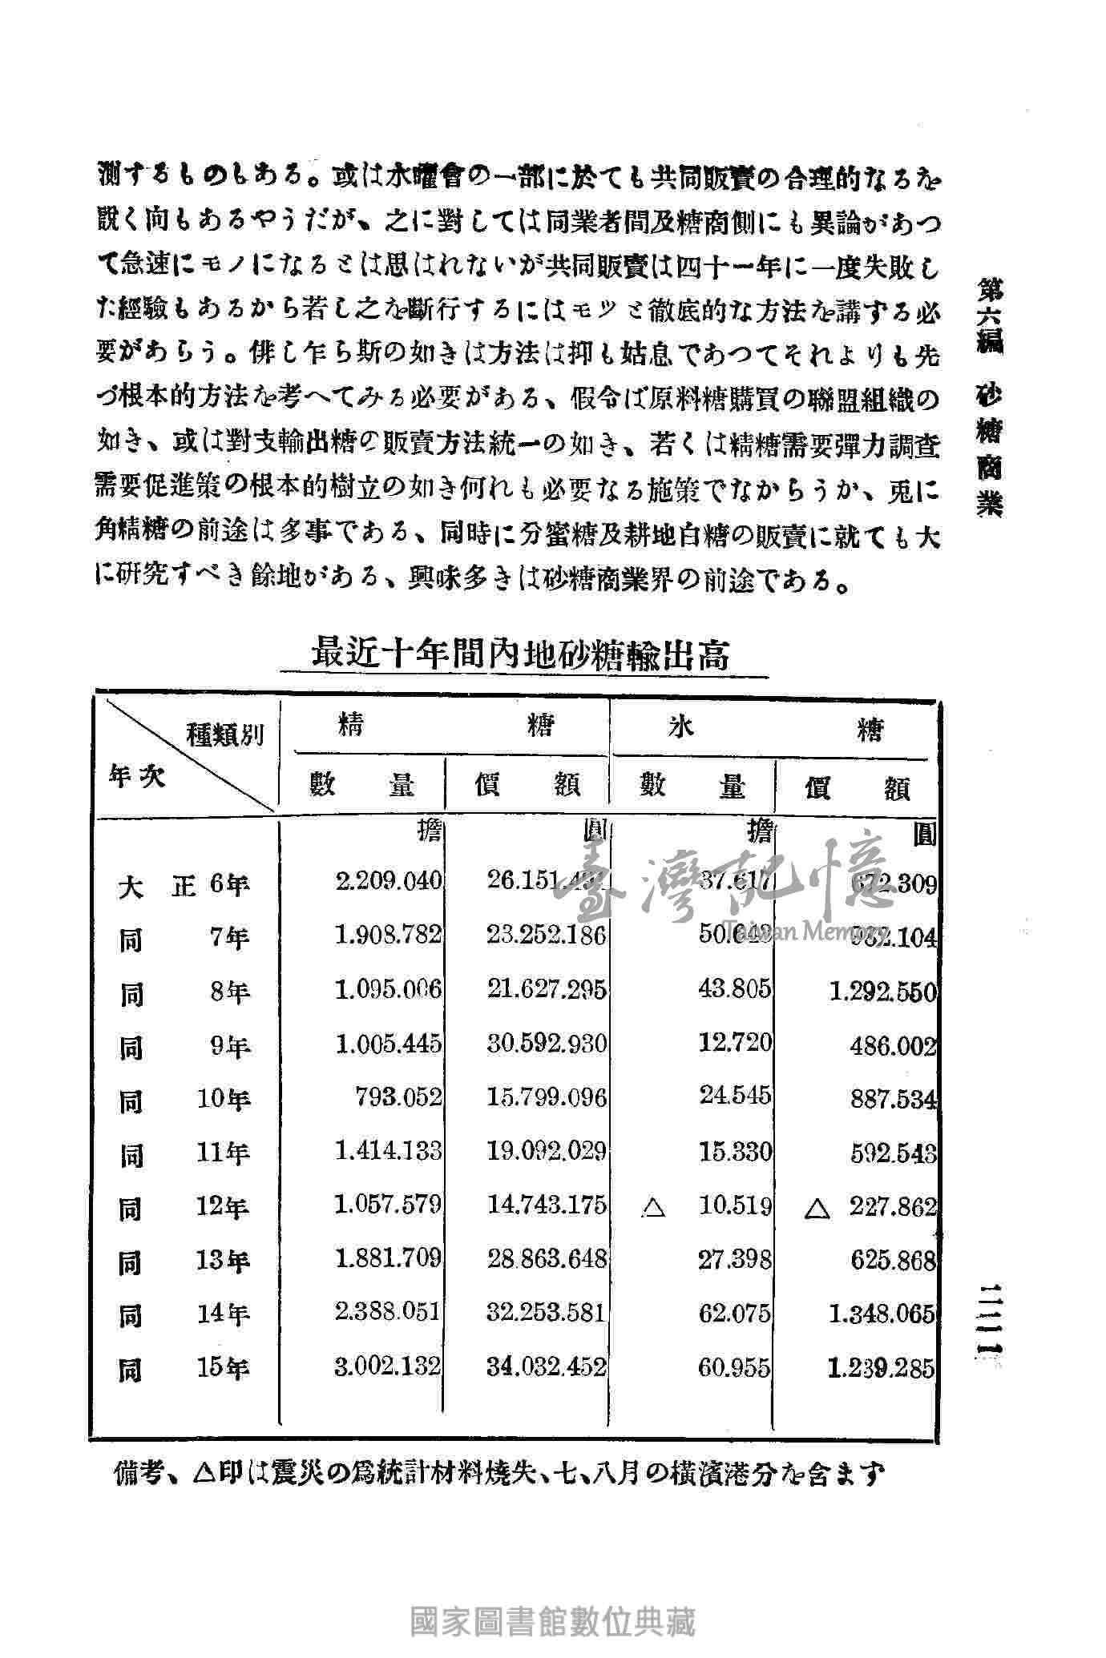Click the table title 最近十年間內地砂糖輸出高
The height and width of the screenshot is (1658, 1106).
[520, 654]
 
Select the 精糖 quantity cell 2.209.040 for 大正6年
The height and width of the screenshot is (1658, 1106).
[388, 881]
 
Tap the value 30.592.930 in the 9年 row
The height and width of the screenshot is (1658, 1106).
[547, 1044]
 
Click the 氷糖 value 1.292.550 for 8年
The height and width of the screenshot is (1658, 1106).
[882, 992]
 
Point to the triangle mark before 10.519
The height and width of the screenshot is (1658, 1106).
[653, 1207]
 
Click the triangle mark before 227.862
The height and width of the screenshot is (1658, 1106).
[816, 1207]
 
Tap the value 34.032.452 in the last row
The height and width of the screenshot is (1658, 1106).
[547, 1366]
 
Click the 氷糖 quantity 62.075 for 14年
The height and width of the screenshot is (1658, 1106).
[734, 1314]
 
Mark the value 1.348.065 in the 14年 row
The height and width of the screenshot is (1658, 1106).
[882, 1314]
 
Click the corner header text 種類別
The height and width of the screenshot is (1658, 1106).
[225, 734]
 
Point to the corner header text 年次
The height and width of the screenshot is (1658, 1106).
[137, 776]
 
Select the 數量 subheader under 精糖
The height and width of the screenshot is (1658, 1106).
[362, 786]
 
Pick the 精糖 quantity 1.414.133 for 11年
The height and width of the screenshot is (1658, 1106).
[388, 1151]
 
